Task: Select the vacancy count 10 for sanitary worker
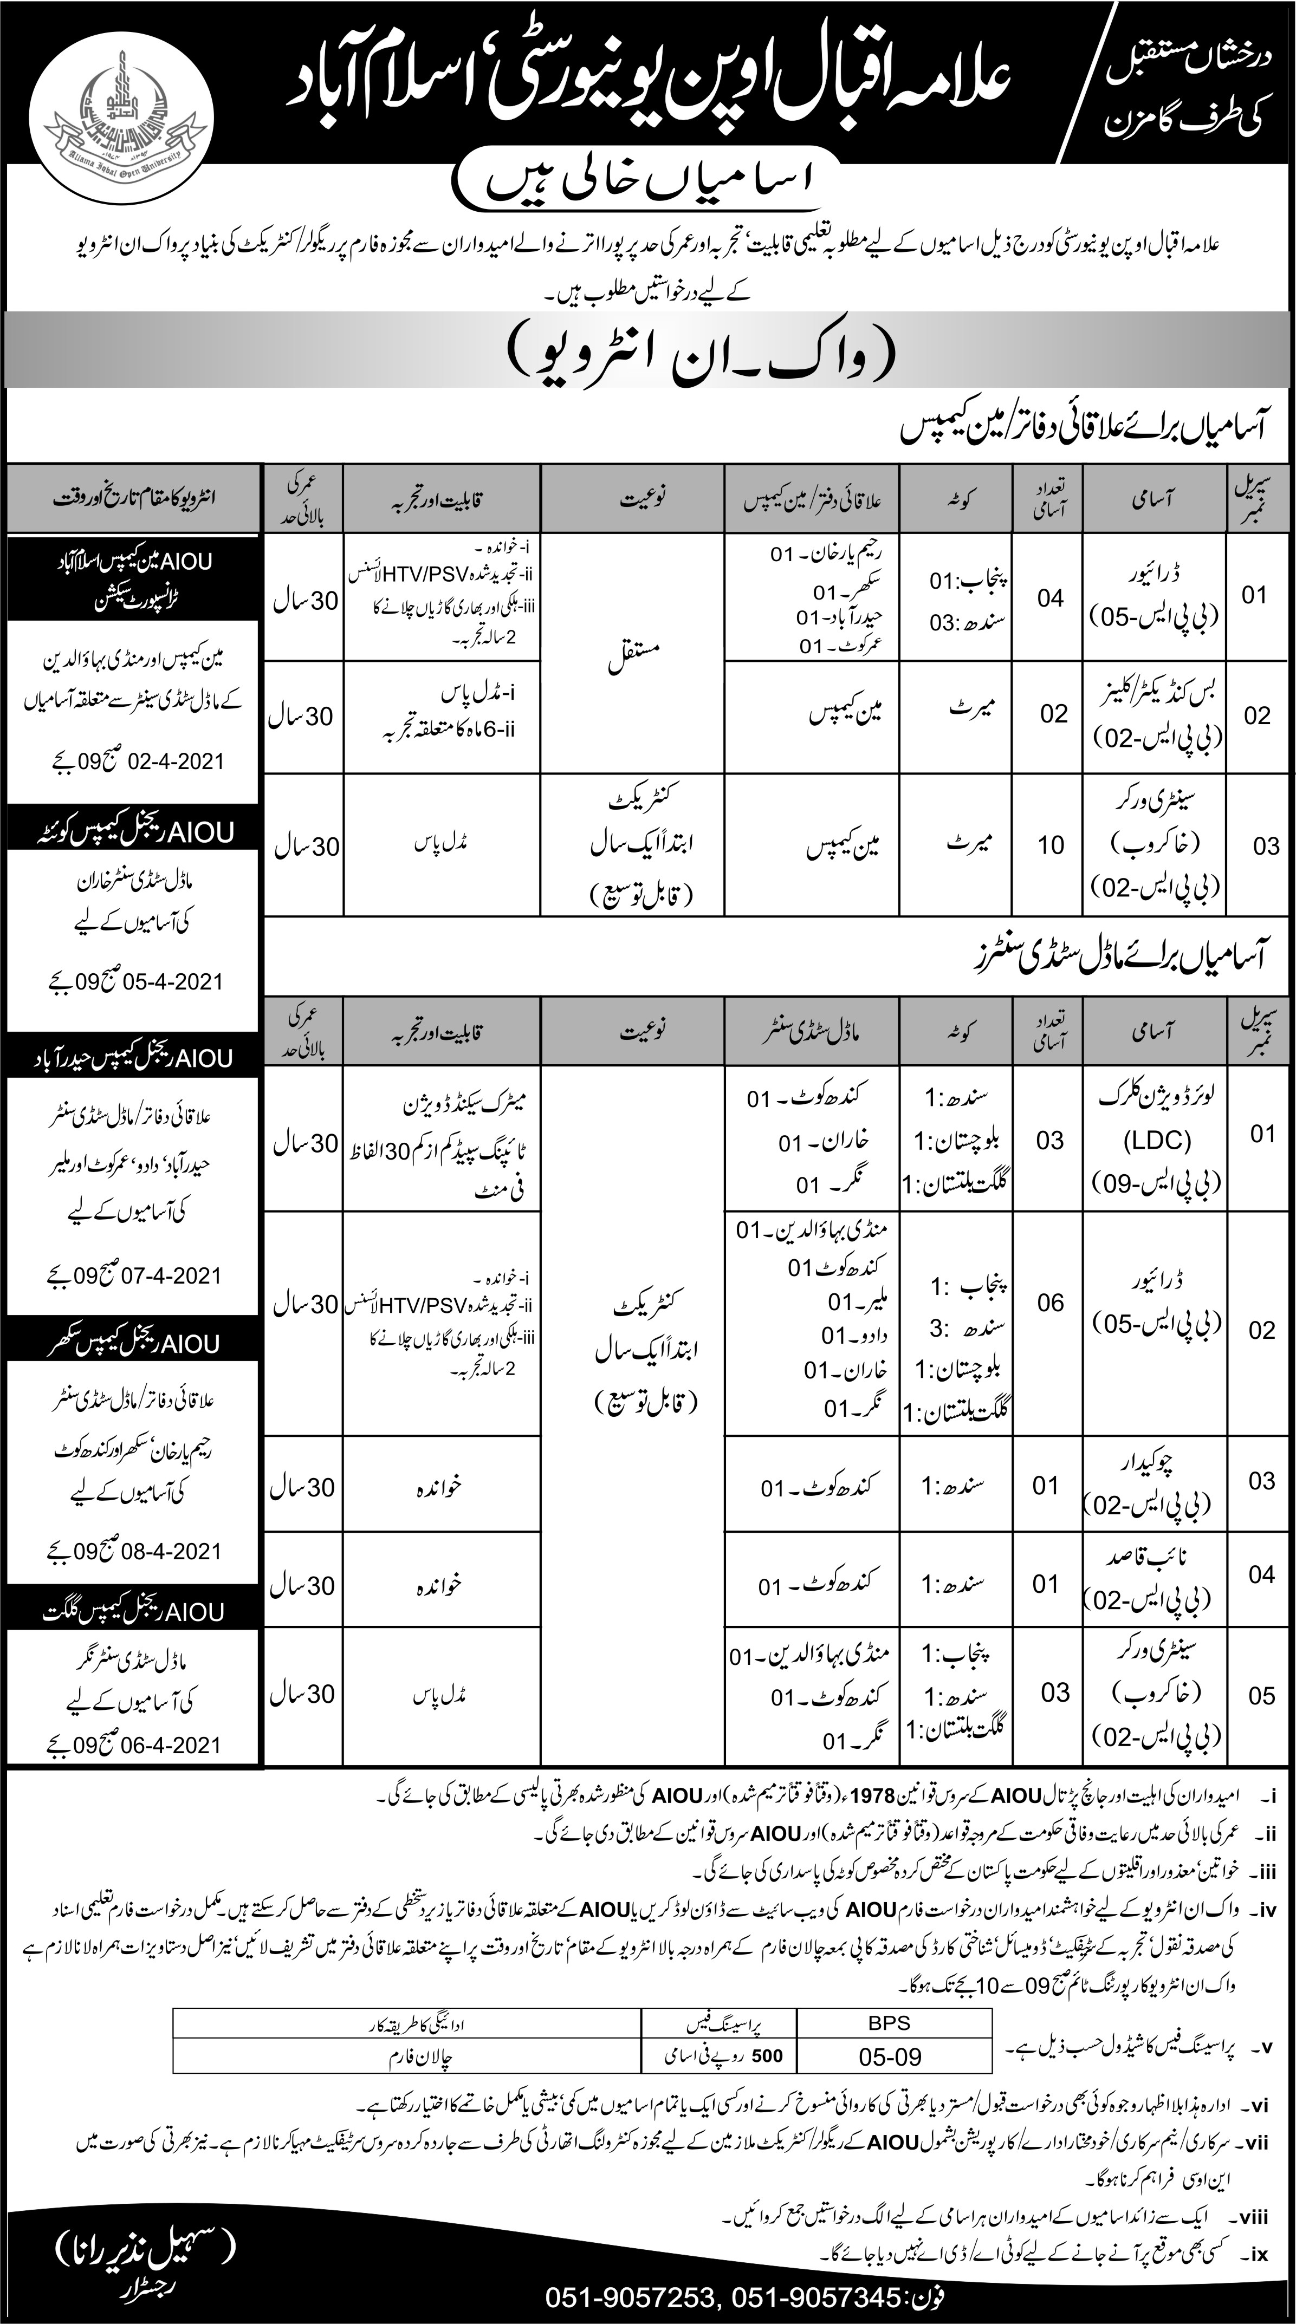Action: [1052, 845]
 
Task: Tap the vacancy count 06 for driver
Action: [1052, 1303]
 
